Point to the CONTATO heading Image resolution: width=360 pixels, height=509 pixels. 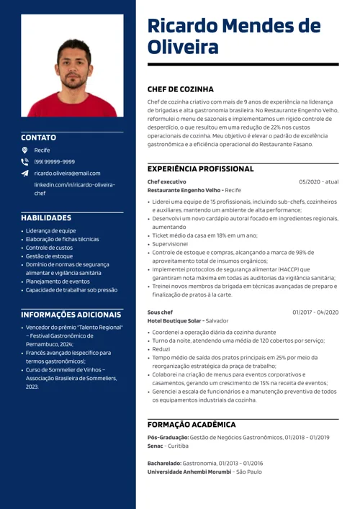tap(38, 136)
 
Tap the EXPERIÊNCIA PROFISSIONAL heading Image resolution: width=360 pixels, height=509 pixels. tap(200, 168)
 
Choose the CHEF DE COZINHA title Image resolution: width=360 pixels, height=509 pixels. tap(180, 89)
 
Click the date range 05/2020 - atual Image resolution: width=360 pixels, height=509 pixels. tap(319, 181)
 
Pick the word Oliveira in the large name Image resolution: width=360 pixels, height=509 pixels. tap(183, 48)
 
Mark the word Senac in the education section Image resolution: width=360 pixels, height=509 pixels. tap(158, 446)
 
